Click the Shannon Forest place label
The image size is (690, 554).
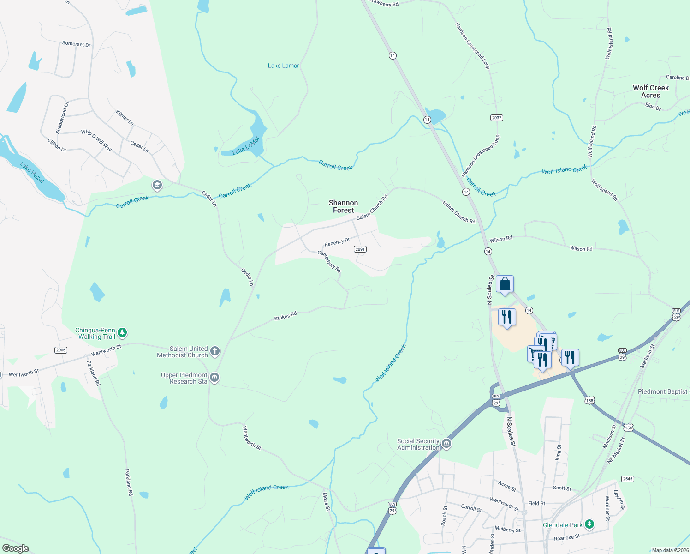(x=343, y=206)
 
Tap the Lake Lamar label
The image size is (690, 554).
(x=283, y=66)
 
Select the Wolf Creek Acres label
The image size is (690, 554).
(x=650, y=91)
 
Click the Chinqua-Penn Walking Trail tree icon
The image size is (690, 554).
(x=122, y=332)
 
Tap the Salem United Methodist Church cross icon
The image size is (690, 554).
(x=215, y=352)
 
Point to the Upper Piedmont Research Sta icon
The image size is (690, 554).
(x=214, y=378)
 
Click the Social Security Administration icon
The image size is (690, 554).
(x=446, y=444)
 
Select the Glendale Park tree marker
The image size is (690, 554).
(x=589, y=524)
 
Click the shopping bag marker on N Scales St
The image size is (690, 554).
(x=505, y=284)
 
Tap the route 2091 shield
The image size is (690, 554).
(x=360, y=249)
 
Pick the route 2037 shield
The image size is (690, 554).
(x=496, y=118)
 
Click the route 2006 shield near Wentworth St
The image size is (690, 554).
(x=61, y=350)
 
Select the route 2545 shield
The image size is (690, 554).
(x=627, y=479)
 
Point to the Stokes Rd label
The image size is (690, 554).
(x=286, y=316)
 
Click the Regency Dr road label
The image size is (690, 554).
(x=337, y=242)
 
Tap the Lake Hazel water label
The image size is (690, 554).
(x=32, y=172)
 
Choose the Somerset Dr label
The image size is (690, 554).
(x=76, y=44)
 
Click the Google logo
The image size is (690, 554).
(x=15, y=548)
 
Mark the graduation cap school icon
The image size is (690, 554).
(x=157, y=186)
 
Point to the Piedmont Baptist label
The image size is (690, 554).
(x=663, y=391)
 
